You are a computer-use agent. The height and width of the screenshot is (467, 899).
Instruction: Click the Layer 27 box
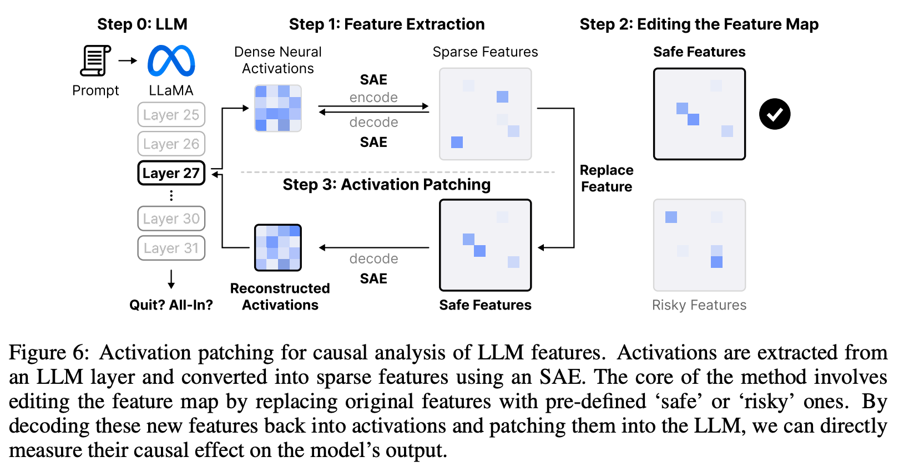(x=171, y=173)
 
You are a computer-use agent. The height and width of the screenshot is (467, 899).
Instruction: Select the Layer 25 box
(x=171, y=115)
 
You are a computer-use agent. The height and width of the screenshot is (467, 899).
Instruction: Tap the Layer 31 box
(x=171, y=248)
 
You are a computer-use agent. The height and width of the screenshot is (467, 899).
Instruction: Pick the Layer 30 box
(x=171, y=219)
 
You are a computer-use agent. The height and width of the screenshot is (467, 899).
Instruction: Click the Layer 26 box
(x=171, y=144)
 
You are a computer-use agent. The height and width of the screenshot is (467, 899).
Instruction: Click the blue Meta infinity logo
(x=171, y=60)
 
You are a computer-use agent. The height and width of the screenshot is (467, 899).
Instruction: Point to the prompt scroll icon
(x=95, y=60)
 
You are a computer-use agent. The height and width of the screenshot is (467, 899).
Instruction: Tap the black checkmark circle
(x=775, y=114)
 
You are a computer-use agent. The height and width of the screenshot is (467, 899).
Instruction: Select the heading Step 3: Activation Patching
(x=386, y=184)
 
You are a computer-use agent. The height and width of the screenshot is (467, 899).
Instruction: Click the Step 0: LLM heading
(x=142, y=24)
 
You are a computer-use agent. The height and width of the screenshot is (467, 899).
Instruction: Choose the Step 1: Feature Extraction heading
(x=386, y=24)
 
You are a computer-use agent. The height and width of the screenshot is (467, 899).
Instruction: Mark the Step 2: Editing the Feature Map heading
(x=699, y=24)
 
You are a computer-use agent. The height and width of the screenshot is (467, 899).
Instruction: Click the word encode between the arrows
(x=373, y=98)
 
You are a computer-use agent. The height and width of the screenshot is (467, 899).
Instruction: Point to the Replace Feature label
(x=607, y=178)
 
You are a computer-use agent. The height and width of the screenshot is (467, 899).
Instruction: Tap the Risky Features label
(x=699, y=305)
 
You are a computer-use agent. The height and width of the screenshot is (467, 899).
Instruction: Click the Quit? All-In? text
(x=171, y=305)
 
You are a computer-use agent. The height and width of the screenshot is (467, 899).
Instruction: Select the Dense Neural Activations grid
(x=277, y=108)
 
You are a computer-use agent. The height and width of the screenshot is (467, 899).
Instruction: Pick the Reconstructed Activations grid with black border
(x=277, y=247)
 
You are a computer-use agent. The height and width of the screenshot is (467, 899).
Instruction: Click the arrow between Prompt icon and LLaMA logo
(x=128, y=60)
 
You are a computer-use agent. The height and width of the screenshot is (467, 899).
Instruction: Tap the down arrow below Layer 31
(x=171, y=279)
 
